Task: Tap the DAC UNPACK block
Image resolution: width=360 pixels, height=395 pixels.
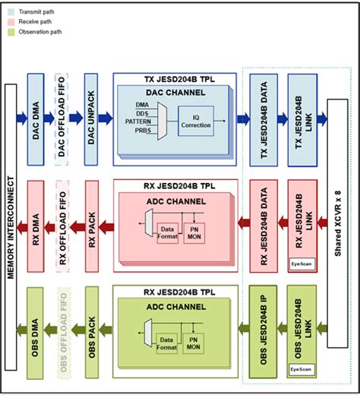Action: pos(92,117)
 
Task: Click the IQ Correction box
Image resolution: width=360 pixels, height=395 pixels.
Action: pos(195,120)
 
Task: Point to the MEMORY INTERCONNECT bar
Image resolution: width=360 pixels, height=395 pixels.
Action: pos(11,228)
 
